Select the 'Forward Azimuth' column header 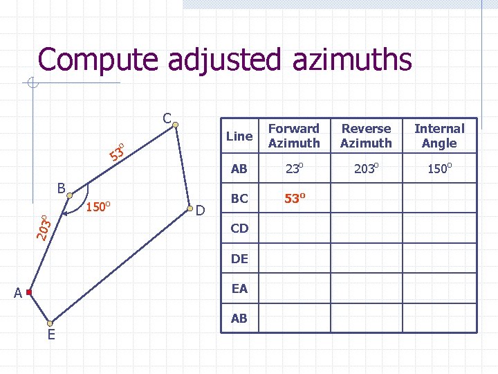[294, 136]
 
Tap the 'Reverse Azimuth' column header [366, 136]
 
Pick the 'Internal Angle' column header [439, 136]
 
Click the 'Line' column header [239, 136]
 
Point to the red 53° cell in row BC [294, 199]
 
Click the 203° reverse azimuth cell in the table [366, 168]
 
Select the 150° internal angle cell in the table [439, 168]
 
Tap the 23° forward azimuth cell [294, 168]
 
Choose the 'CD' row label [239, 228]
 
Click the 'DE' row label [239, 258]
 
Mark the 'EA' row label [239, 289]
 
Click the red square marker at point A [29, 293]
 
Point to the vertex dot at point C [176, 125]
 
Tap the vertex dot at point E [50, 323]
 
